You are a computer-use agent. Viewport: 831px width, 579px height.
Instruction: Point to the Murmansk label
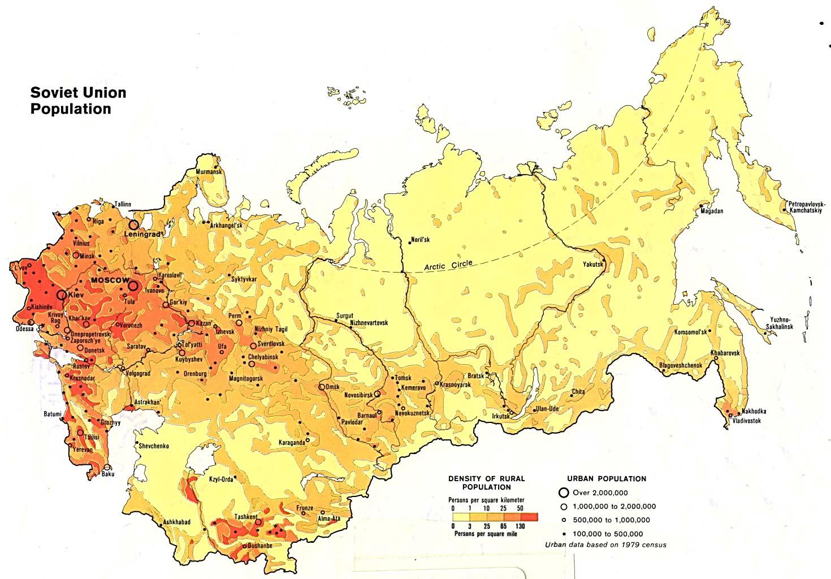tap(209, 172)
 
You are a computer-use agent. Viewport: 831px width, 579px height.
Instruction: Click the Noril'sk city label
tap(421, 239)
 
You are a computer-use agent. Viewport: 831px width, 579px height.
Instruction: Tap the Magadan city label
tap(711, 211)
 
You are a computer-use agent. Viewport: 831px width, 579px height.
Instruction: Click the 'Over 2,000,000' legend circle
tap(564, 492)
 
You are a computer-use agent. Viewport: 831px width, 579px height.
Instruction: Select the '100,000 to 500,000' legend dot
tap(564, 534)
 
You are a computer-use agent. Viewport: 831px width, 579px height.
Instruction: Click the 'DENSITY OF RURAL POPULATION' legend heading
tap(486, 482)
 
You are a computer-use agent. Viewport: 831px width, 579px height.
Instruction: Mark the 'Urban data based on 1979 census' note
tap(605, 545)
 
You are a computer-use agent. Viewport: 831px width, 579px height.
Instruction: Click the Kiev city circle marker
tap(60, 295)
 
